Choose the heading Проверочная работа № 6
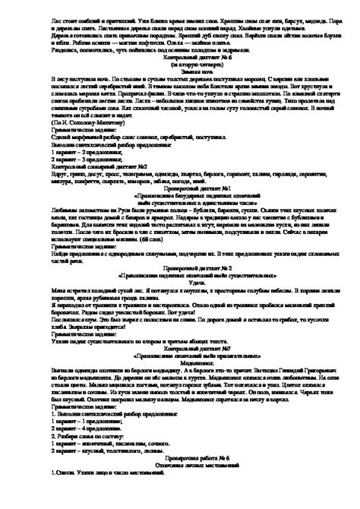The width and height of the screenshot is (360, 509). tap(180, 437)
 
